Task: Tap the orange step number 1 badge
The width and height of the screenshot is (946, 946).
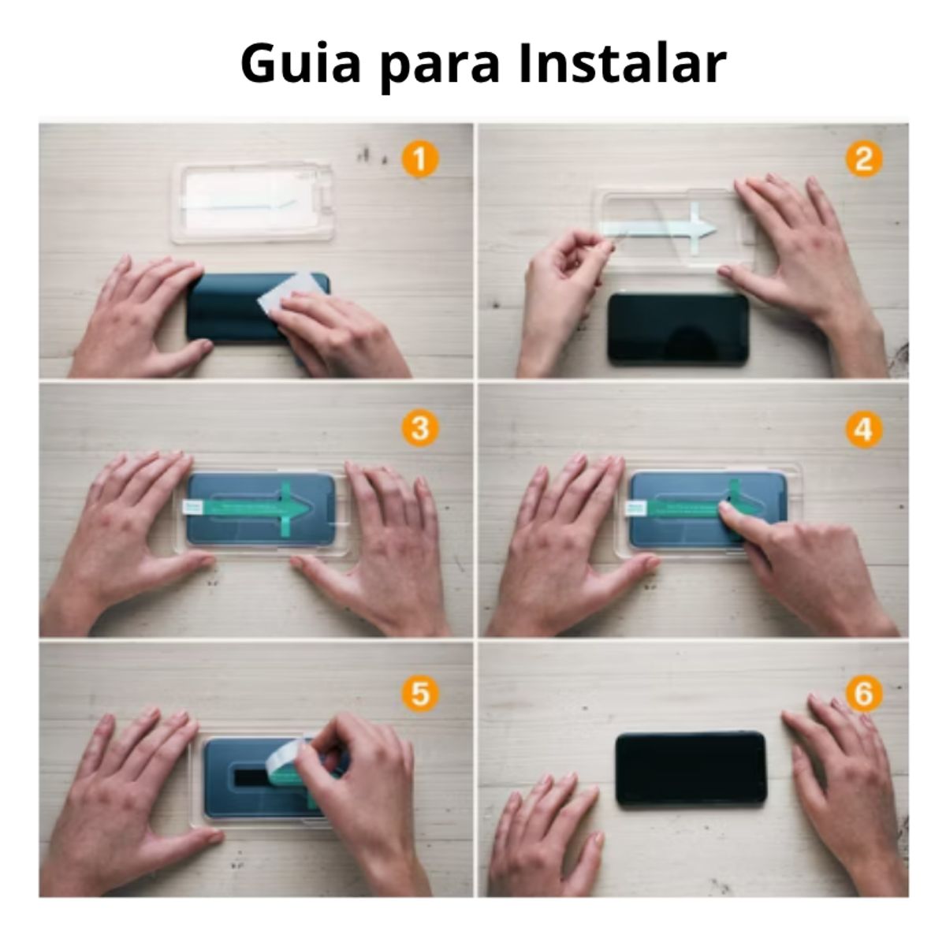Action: (x=419, y=160)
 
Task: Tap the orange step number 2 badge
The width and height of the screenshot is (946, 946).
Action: (x=864, y=160)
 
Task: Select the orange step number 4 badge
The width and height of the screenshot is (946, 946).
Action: (x=864, y=430)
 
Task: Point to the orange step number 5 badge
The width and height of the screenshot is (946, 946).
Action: (x=419, y=694)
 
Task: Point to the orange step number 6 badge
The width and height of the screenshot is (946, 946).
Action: (x=864, y=694)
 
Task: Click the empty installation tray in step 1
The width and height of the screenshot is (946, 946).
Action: (x=251, y=203)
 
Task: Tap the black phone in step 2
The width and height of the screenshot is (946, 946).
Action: (x=678, y=329)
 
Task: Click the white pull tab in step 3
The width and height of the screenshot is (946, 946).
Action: (x=194, y=506)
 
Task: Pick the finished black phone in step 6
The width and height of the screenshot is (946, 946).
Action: (x=691, y=769)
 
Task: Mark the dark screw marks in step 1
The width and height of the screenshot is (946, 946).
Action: (x=369, y=155)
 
